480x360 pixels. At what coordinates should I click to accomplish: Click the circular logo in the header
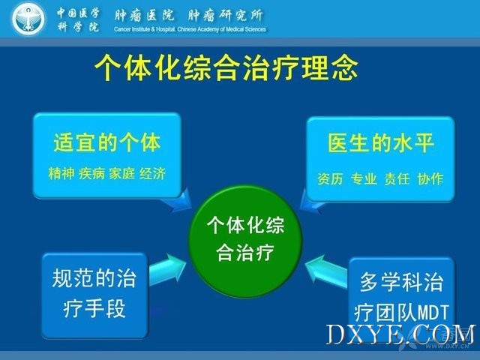[28, 19]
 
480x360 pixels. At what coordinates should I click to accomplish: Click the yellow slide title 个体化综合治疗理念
[226, 67]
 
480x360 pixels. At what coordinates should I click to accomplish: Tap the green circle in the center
[245, 241]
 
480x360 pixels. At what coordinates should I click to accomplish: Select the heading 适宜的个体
[106, 142]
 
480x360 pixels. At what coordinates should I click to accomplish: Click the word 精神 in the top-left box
[61, 173]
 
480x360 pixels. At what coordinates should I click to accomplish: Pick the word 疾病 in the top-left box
[91, 173]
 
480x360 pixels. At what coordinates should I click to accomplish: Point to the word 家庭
[121, 173]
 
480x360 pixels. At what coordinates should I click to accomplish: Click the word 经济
[152, 173]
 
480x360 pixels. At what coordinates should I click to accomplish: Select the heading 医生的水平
[381, 143]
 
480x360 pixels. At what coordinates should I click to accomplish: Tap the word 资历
[330, 178]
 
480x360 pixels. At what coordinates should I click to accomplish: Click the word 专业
[364, 178]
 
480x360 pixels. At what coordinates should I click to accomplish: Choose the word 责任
[397, 178]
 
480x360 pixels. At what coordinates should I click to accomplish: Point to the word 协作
[430, 178]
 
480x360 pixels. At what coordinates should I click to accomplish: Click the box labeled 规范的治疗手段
[95, 295]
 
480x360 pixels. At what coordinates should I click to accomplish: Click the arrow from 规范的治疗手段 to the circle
[167, 270]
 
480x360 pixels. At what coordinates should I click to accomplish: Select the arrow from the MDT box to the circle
[326, 271]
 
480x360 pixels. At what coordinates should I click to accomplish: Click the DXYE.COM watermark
[401, 334]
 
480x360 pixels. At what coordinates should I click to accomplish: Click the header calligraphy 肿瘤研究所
[225, 15]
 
